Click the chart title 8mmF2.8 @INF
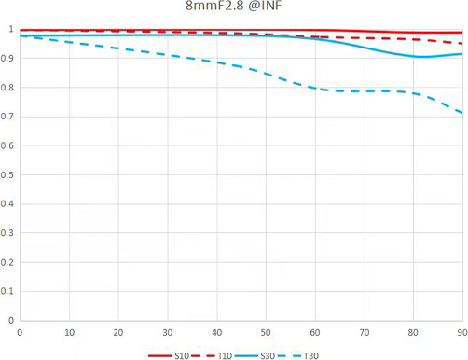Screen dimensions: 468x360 coord(233,6)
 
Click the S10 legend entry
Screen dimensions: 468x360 coord(169,355)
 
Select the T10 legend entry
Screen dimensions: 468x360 coord(212,355)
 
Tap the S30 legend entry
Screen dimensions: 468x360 coord(255,355)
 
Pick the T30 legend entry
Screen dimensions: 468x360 coord(297,355)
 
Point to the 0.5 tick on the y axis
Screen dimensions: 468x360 coord(7,174)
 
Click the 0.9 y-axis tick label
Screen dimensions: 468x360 coord(7,58)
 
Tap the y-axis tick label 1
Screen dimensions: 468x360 coord(11,29)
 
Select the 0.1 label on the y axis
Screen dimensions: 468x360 coord(7,291)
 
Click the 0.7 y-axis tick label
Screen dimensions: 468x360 coord(7,117)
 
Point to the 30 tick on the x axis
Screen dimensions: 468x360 coord(168,333)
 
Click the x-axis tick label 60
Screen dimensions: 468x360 coord(315,333)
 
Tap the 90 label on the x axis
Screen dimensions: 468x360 coord(462,333)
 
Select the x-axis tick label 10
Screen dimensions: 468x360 coord(69,333)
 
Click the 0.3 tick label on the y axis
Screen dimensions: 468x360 coord(7,233)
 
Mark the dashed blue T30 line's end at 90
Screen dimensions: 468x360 coord(462,113)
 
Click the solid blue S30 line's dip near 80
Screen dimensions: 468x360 coord(421,57)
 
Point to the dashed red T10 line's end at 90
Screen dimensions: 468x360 coord(462,44)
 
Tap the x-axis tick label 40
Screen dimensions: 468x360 coord(216,333)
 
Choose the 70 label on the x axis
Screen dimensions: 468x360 coord(365,333)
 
